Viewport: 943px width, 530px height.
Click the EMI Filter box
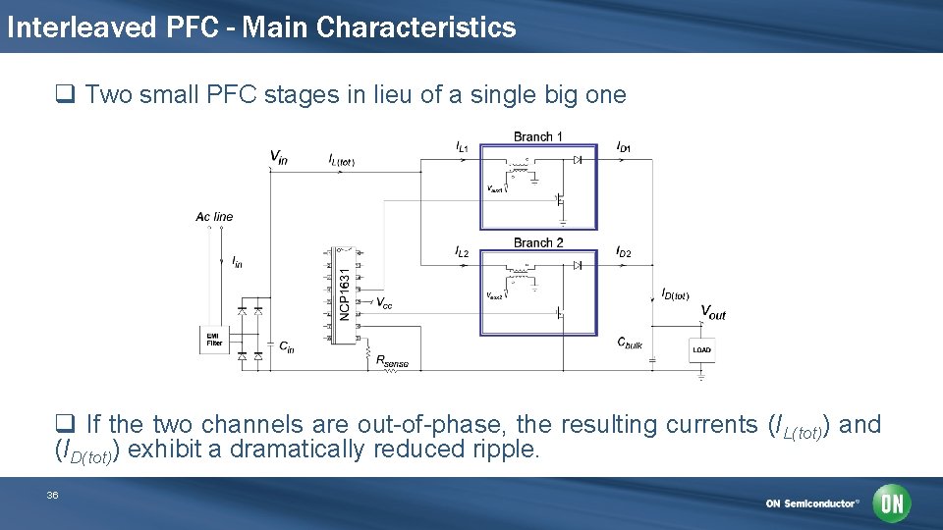click(212, 340)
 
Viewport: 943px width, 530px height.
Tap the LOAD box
click(701, 349)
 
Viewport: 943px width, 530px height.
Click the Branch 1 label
click(538, 136)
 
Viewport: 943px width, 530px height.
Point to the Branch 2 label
click(538, 242)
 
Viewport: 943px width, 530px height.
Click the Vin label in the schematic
click(279, 156)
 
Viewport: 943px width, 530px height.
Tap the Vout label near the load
click(713, 313)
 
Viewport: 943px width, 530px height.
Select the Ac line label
click(214, 216)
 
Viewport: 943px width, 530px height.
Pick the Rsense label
click(392, 361)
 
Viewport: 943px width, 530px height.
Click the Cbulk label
click(630, 343)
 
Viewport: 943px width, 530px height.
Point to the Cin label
click(286, 345)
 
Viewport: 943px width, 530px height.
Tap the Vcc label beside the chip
click(385, 303)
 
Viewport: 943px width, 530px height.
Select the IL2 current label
click(462, 253)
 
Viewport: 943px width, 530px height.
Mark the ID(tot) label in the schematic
click(675, 293)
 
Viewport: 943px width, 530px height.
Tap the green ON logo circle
click(893, 503)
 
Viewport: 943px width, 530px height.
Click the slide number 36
click(52, 496)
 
